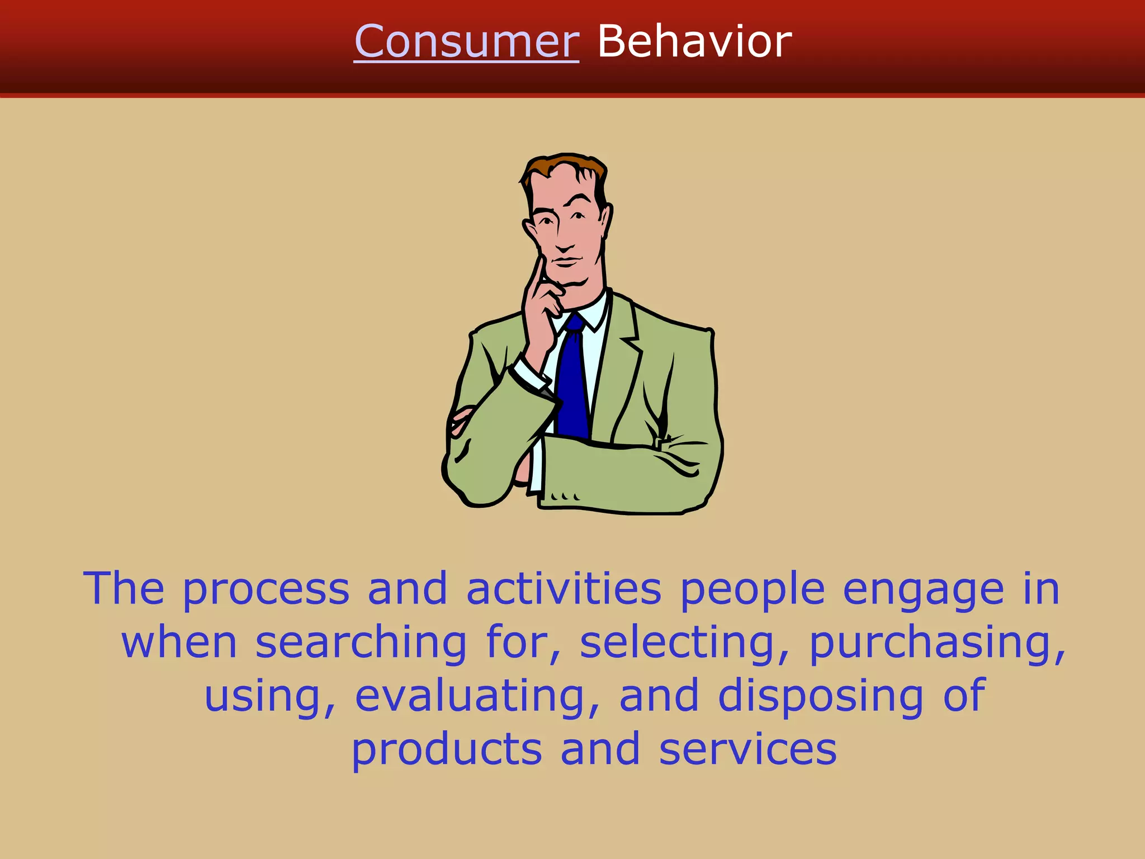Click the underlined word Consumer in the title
click(466, 41)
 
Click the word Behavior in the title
click(694, 41)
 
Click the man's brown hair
click(565, 166)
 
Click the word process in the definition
click(266, 589)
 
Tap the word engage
click(923, 591)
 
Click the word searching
click(361, 643)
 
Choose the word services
click(747, 749)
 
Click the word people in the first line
click(752, 591)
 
